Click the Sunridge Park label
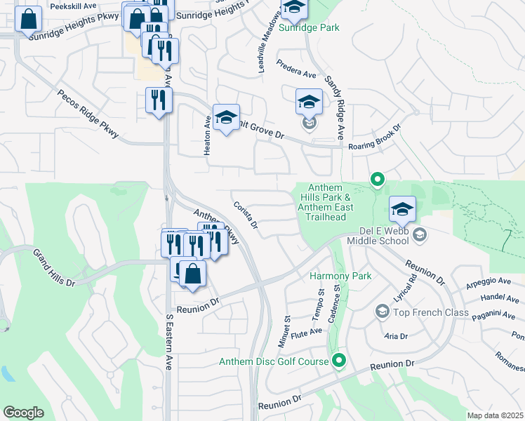tap(309, 28)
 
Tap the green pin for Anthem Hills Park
tap(377, 180)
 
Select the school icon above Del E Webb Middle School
tap(402, 209)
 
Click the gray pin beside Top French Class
tap(382, 311)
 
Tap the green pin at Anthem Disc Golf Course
tap(339, 361)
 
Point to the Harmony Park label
tap(340, 276)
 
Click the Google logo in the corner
tap(23, 413)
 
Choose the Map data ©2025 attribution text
tap(494, 415)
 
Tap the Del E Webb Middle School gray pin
tap(420, 233)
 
